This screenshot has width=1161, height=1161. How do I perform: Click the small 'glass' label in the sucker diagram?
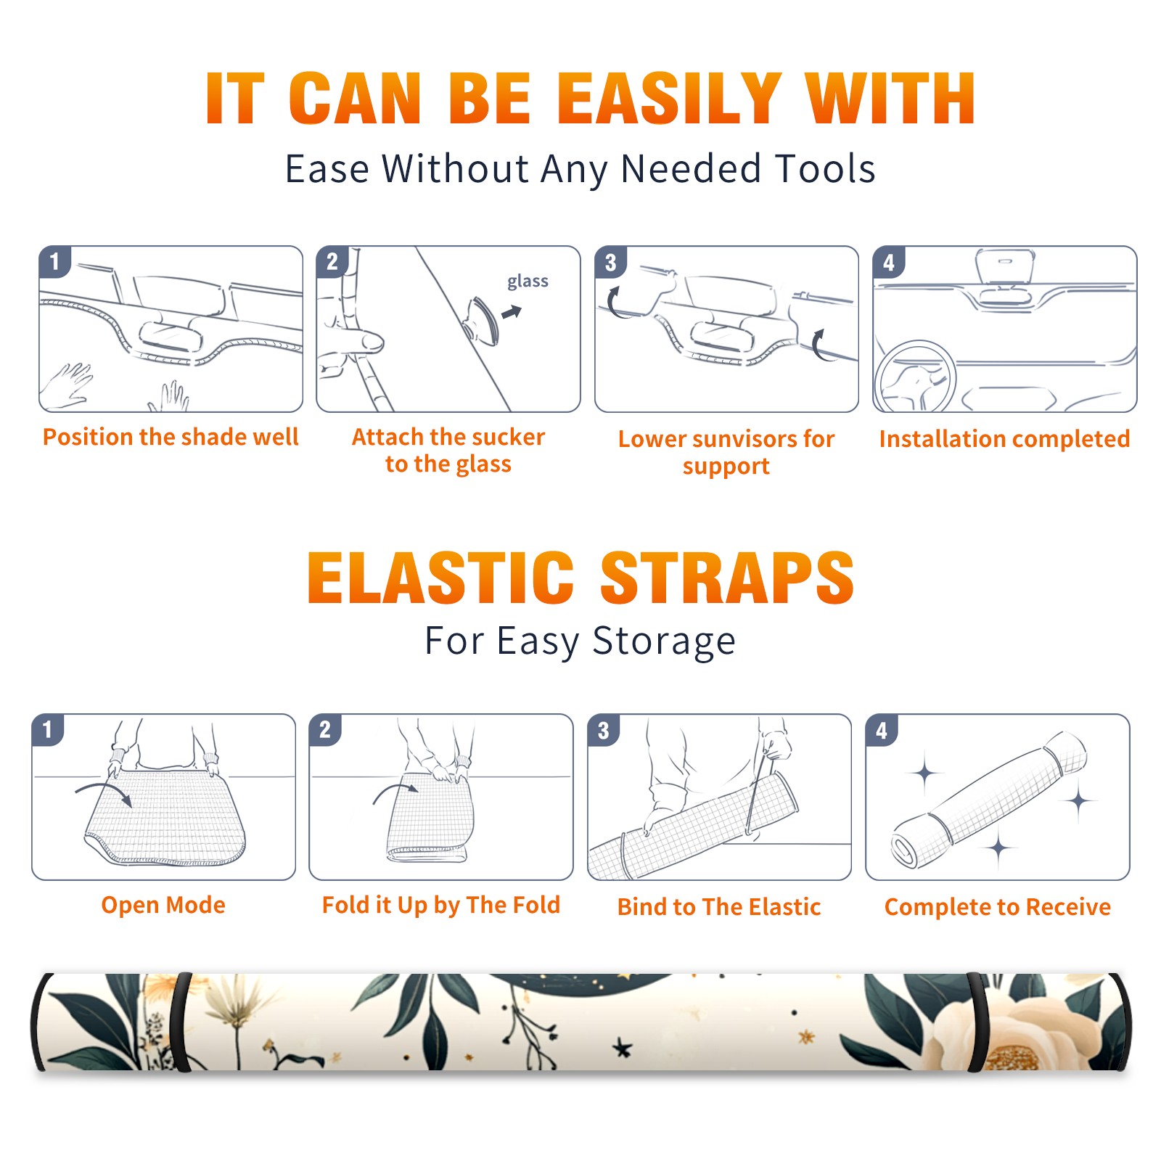(528, 282)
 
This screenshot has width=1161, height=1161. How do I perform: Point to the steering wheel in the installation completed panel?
(915, 377)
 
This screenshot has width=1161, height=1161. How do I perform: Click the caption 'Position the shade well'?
(171, 437)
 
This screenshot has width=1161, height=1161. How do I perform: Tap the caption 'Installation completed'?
(1004, 439)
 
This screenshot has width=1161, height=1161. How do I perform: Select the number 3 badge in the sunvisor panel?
(610, 262)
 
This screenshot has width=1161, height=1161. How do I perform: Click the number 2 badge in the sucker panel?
(332, 261)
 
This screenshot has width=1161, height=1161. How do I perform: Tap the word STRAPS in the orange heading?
(727, 578)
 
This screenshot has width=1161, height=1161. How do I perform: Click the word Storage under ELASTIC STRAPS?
(664, 641)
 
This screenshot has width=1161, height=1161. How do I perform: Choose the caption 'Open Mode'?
(163, 905)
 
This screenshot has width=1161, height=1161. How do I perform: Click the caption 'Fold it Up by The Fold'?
(441, 905)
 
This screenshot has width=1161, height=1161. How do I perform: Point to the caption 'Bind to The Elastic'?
(719, 907)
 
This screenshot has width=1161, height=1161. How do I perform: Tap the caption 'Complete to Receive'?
(998, 907)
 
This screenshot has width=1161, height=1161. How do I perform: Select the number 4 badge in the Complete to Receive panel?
(882, 730)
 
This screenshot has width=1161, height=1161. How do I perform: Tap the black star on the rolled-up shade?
(622, 1047)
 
